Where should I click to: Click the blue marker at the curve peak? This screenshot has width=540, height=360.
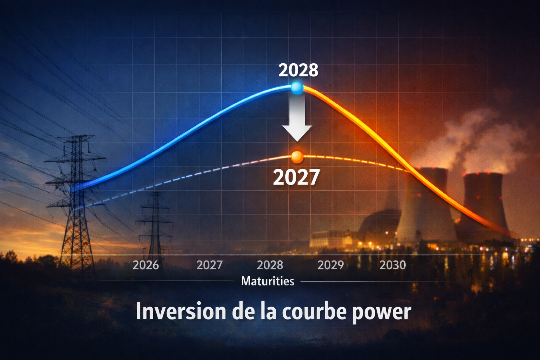297,88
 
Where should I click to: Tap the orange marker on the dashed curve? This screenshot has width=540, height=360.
297,157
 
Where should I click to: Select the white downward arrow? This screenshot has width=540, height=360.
297,120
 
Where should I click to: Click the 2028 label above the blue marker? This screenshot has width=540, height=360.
298,70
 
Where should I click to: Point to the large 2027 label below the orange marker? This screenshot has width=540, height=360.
296,177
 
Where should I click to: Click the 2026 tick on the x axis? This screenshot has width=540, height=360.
146,265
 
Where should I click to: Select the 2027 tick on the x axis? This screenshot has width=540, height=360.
210,265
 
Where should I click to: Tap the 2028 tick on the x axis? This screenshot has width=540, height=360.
270,265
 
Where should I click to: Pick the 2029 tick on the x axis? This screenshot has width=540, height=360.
330,265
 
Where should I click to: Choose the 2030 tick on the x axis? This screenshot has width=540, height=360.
392,265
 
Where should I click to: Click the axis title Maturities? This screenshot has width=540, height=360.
268,281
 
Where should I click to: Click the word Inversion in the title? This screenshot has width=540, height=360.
181,311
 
